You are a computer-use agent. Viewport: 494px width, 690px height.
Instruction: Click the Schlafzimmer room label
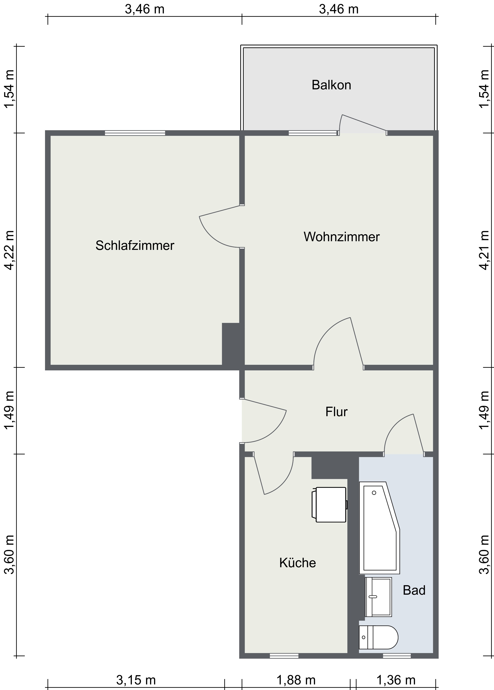(135, 246)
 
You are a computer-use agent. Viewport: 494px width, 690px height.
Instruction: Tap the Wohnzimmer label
(342, 237)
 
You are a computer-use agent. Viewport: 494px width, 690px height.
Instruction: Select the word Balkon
(331, 85)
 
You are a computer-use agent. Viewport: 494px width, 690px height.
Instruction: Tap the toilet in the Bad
(378, 637)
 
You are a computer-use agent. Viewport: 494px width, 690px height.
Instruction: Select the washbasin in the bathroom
(378, 597)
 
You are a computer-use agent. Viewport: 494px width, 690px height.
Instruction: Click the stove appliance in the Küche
(330, 505)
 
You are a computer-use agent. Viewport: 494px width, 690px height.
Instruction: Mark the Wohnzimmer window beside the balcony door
(313, 133)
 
